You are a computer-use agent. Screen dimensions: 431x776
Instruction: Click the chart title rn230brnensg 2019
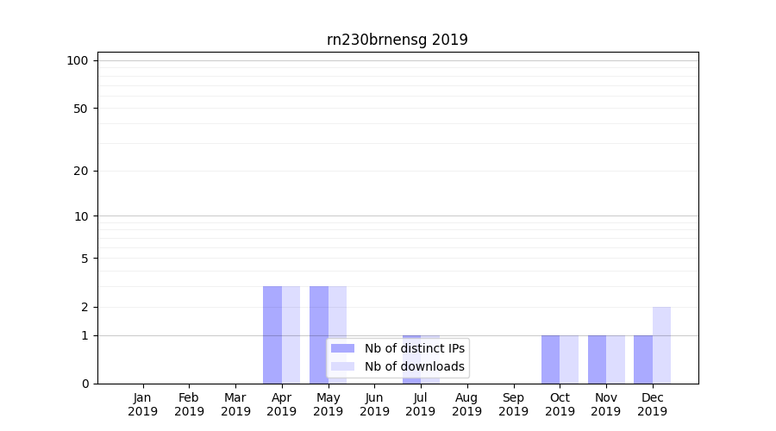pos(397,40)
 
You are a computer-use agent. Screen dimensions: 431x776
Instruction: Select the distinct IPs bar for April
pos(272,334)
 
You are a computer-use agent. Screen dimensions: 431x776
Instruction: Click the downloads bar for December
pos(661,345)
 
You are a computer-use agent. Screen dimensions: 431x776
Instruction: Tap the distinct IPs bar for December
pos(643,359)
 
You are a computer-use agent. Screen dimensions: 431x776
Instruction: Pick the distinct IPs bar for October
pos(550,359)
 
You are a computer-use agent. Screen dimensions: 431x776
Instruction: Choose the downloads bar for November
pos(615,359)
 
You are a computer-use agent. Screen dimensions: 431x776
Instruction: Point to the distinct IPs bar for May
pos(319,334)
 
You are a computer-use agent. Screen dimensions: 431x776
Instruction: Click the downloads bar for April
pos(291,334)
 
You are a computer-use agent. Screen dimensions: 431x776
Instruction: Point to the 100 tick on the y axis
pos(78,60)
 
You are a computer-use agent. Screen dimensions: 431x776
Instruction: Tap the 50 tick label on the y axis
pos(81,109)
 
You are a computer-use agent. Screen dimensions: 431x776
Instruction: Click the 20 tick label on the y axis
pos(81,171)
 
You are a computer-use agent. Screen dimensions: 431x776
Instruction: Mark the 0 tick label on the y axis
pos(84,384)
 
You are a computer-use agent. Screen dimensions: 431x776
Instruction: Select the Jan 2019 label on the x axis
pos(143,404)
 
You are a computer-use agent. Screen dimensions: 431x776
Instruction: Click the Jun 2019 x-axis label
pos(374,404)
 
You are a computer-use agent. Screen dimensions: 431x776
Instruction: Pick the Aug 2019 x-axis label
pos(466,404)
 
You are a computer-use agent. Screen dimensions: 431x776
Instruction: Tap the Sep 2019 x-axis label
pos(513,404)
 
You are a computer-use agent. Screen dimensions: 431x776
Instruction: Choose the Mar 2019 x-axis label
pos(235,404)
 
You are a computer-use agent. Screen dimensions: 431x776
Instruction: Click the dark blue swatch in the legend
pos(343,348)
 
